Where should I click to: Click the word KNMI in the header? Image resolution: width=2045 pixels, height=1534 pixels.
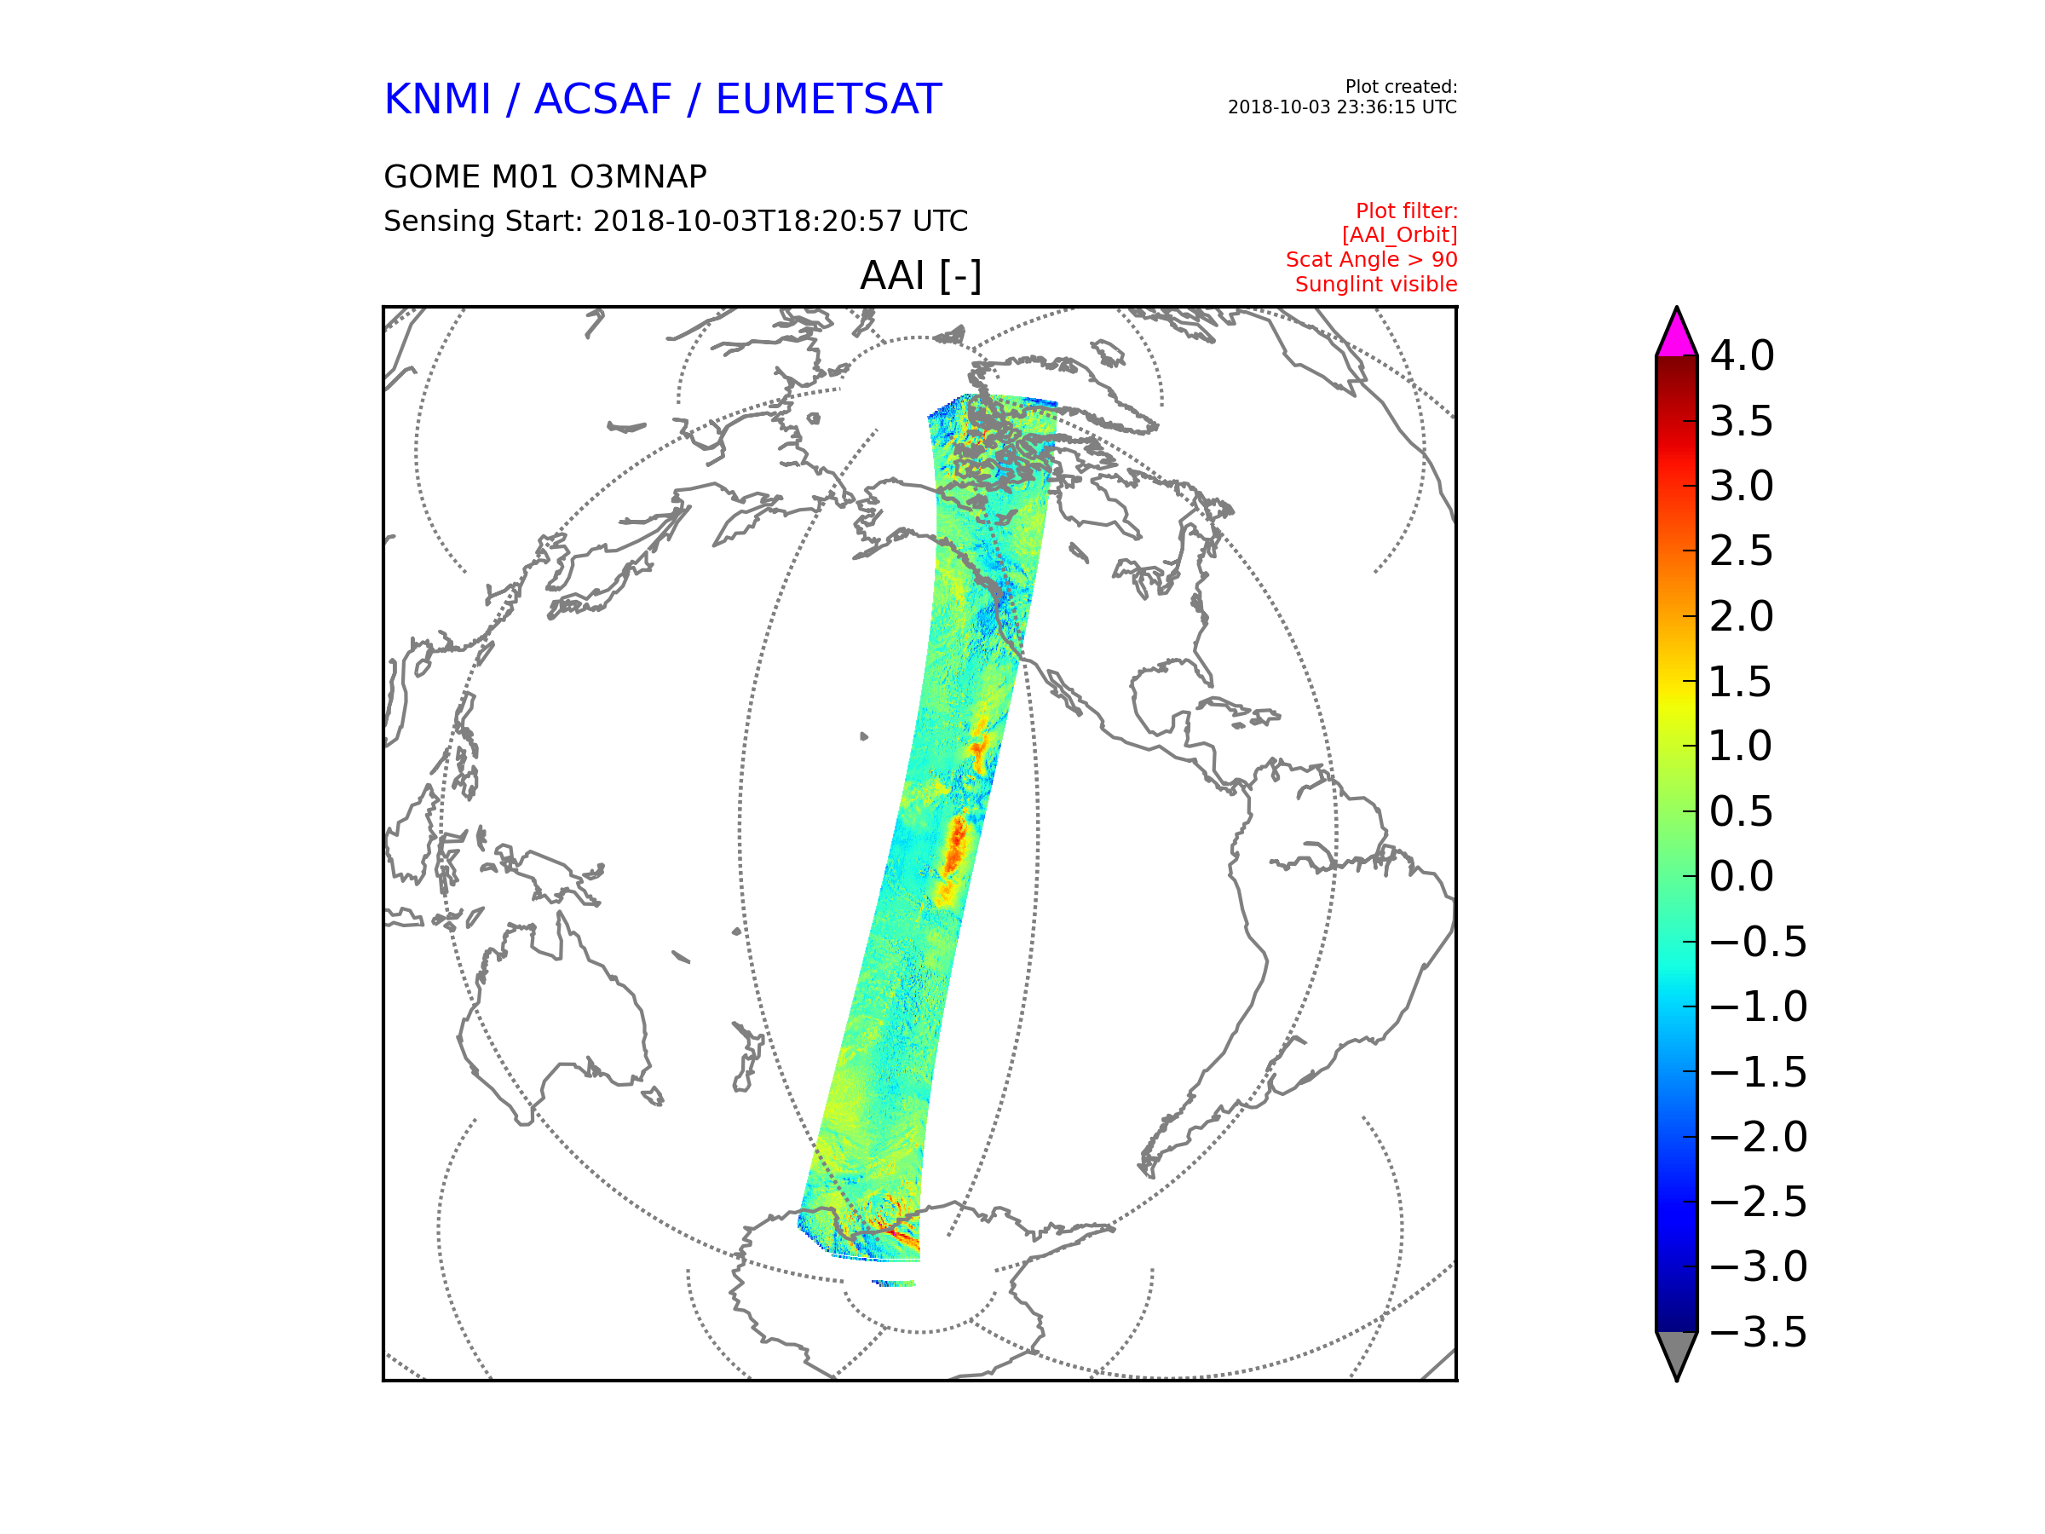[437, 99]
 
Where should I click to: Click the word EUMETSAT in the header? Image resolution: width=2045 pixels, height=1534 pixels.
[828, 99]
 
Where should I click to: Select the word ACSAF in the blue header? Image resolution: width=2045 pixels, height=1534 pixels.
[602, 99]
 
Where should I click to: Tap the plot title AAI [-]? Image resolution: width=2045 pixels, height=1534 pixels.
[920, 275]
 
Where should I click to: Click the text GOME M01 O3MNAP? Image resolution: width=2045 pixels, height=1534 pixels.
[545, 176]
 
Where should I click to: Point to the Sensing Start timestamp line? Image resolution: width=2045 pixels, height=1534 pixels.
[676, 221]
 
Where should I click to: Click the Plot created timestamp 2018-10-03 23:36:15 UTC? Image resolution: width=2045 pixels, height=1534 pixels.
[1341, 107]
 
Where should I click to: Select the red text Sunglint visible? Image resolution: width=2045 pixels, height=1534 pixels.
[1375, 285]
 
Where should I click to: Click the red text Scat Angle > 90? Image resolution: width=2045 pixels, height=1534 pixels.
[1371, 260]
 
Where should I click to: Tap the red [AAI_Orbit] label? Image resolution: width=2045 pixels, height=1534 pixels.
[1400, 236]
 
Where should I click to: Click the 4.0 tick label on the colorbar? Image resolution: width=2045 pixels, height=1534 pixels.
[1742, 356]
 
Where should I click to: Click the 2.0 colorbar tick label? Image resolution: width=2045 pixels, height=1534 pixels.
[1742, 617]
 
